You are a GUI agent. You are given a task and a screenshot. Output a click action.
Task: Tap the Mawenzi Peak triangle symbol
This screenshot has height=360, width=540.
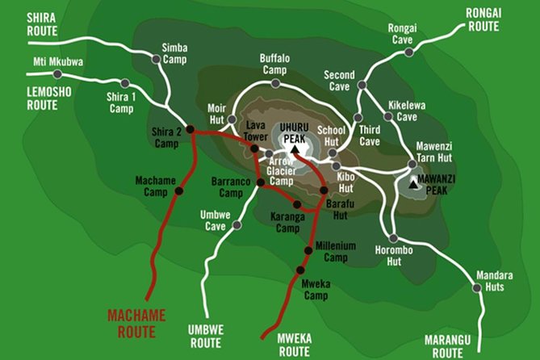414,184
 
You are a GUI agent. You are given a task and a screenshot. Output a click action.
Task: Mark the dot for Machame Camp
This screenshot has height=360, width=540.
179,190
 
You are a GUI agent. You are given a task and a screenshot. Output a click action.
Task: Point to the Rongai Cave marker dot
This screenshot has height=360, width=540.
408,52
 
